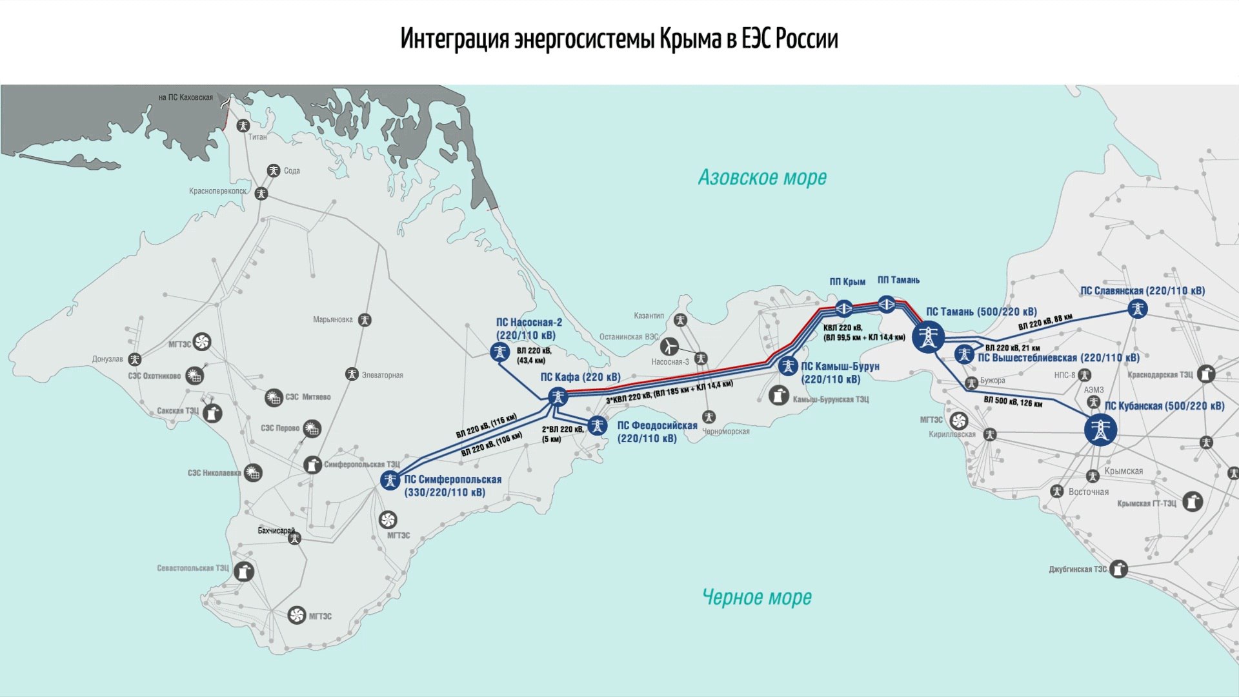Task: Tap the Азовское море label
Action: tap(762, 177)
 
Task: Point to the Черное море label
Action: tap(756, 598)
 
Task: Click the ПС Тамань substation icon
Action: tap(928, 337)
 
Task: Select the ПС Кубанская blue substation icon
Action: tap(1100, 430)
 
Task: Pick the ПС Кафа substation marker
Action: tap(558, 396)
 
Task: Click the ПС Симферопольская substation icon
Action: tap(390, 480)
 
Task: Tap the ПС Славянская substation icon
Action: tap(1138, 308)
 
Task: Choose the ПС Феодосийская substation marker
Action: tap(598, 426)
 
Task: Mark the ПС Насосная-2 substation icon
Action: tap(500, 352)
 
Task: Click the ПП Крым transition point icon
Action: tap(844, 308)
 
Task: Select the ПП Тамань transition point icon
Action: tap(887, 303)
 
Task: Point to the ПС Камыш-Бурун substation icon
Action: tap(788, 366)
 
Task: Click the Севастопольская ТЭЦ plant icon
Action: tap(243, 572)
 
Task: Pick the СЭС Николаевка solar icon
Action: tap(254, 473)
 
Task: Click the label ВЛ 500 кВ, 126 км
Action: tap(1012, 401)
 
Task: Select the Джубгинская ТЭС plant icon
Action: tap(1118, 569)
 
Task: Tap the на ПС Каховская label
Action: tap(186, 97)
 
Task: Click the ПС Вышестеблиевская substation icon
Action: tap(964, 354)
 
